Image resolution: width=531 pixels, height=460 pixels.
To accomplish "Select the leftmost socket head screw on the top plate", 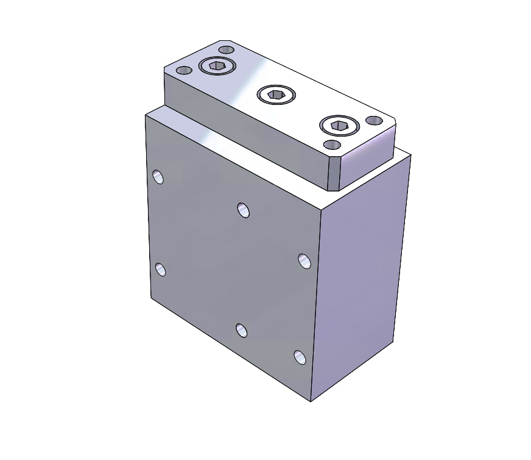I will pos(217,65).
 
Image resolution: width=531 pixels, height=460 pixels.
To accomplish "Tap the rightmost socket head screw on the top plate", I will pos(339,126).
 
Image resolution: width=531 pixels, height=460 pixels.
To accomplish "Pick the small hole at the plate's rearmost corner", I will pos(227,49).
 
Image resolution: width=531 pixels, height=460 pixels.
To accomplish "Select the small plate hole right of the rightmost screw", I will pos(373,122).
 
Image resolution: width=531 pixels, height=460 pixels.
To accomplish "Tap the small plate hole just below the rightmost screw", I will pos(332,145).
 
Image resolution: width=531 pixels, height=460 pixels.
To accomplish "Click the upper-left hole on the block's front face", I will pos(158,177).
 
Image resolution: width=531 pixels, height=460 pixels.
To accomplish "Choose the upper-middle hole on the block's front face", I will pos(244,210).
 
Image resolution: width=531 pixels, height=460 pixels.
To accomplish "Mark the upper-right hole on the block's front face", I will pos(304,261).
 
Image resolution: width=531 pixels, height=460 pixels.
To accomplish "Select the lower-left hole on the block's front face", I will pos(160,269).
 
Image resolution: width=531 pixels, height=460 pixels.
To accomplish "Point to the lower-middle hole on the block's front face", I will pos(242,331).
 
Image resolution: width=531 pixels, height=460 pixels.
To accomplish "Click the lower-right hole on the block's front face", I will pos(300,357).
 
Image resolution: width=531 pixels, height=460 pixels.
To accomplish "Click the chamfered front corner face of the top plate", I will pos(333,174).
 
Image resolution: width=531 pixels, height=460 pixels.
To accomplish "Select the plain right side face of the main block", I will pos(359,275).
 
